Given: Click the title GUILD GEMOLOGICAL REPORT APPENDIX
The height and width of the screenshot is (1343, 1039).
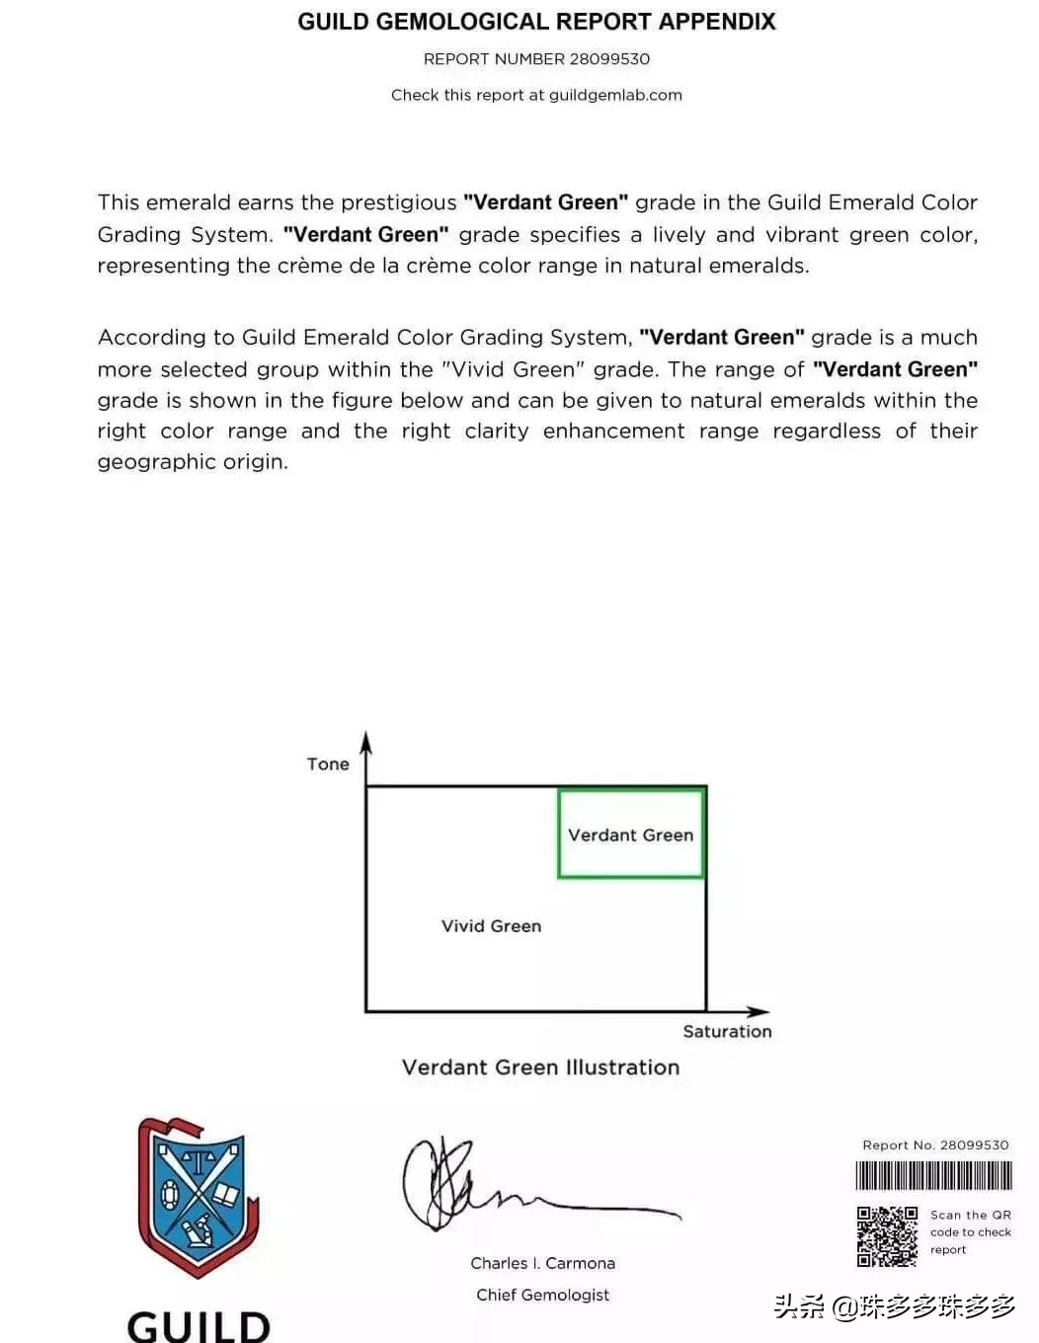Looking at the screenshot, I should [x=536, y=22].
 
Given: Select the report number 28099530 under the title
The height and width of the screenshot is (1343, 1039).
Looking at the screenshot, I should [x=609, y=59].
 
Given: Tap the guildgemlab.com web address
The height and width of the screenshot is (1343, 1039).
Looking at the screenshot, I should [x=615, y=95].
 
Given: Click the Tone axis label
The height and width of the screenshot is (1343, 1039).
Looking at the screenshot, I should [x=328, y=764].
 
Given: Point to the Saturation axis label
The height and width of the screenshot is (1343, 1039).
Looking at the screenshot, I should [x=727, y=1032].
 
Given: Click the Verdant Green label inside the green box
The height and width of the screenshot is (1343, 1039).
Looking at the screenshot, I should [x=630, y=835].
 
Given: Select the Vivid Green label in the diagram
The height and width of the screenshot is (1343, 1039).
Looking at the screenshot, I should [x=491, y=926].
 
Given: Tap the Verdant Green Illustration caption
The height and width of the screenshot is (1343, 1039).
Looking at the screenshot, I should [x=540, y=1067].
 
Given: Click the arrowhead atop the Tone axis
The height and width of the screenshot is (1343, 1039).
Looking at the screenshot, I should [x=365, y=742].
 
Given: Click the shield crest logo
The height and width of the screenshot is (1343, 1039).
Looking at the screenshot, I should [x=197, y=1197].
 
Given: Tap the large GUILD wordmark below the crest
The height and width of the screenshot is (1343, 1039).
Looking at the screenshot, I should [x=199, y=1325].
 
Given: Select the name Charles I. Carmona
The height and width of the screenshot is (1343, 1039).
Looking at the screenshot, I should [x=542, y=1263].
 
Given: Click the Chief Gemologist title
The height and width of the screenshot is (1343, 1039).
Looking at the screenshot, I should [x=542, y=1295].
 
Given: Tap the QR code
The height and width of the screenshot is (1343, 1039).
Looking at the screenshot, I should [x=886, y=1236].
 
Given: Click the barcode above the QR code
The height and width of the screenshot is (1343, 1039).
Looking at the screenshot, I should [x=933, y=1175].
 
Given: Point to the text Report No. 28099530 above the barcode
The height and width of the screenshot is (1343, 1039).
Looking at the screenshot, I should [x=935, y=1145].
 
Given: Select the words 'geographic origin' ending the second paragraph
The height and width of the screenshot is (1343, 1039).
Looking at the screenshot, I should [x=192, y=462].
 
